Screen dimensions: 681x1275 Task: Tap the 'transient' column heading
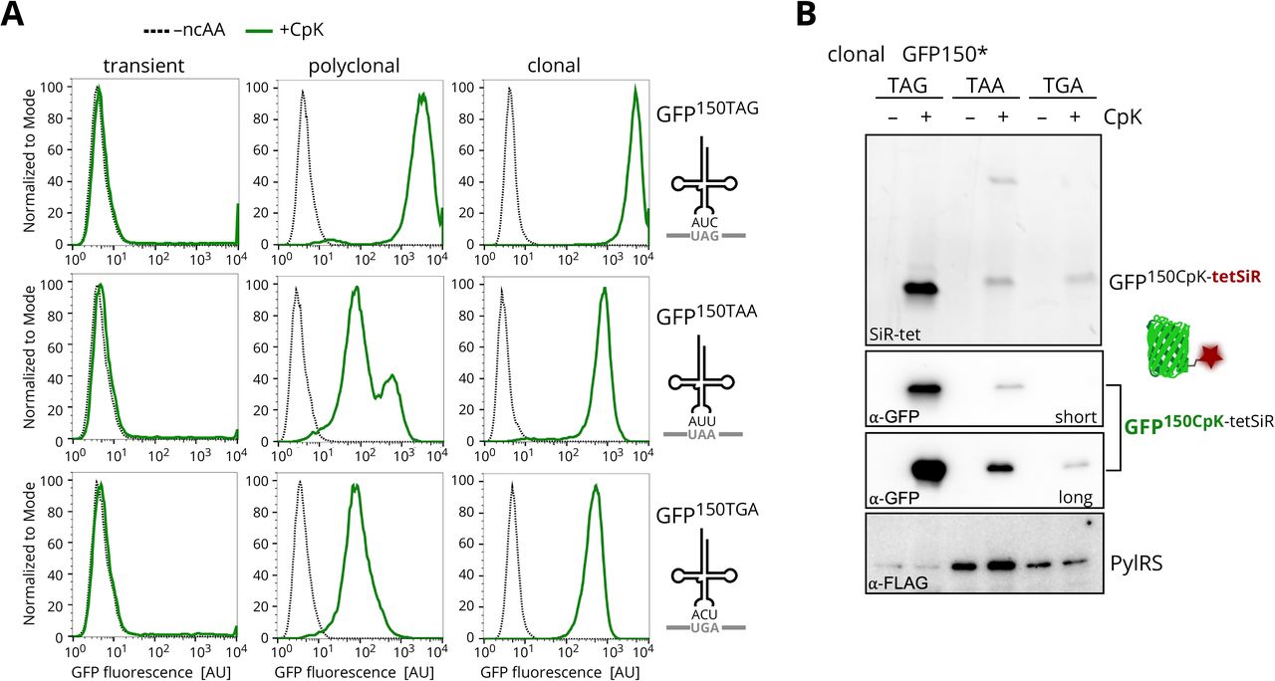[x=145, y=67]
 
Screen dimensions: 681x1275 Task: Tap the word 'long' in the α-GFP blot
[x=1076, y=497]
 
